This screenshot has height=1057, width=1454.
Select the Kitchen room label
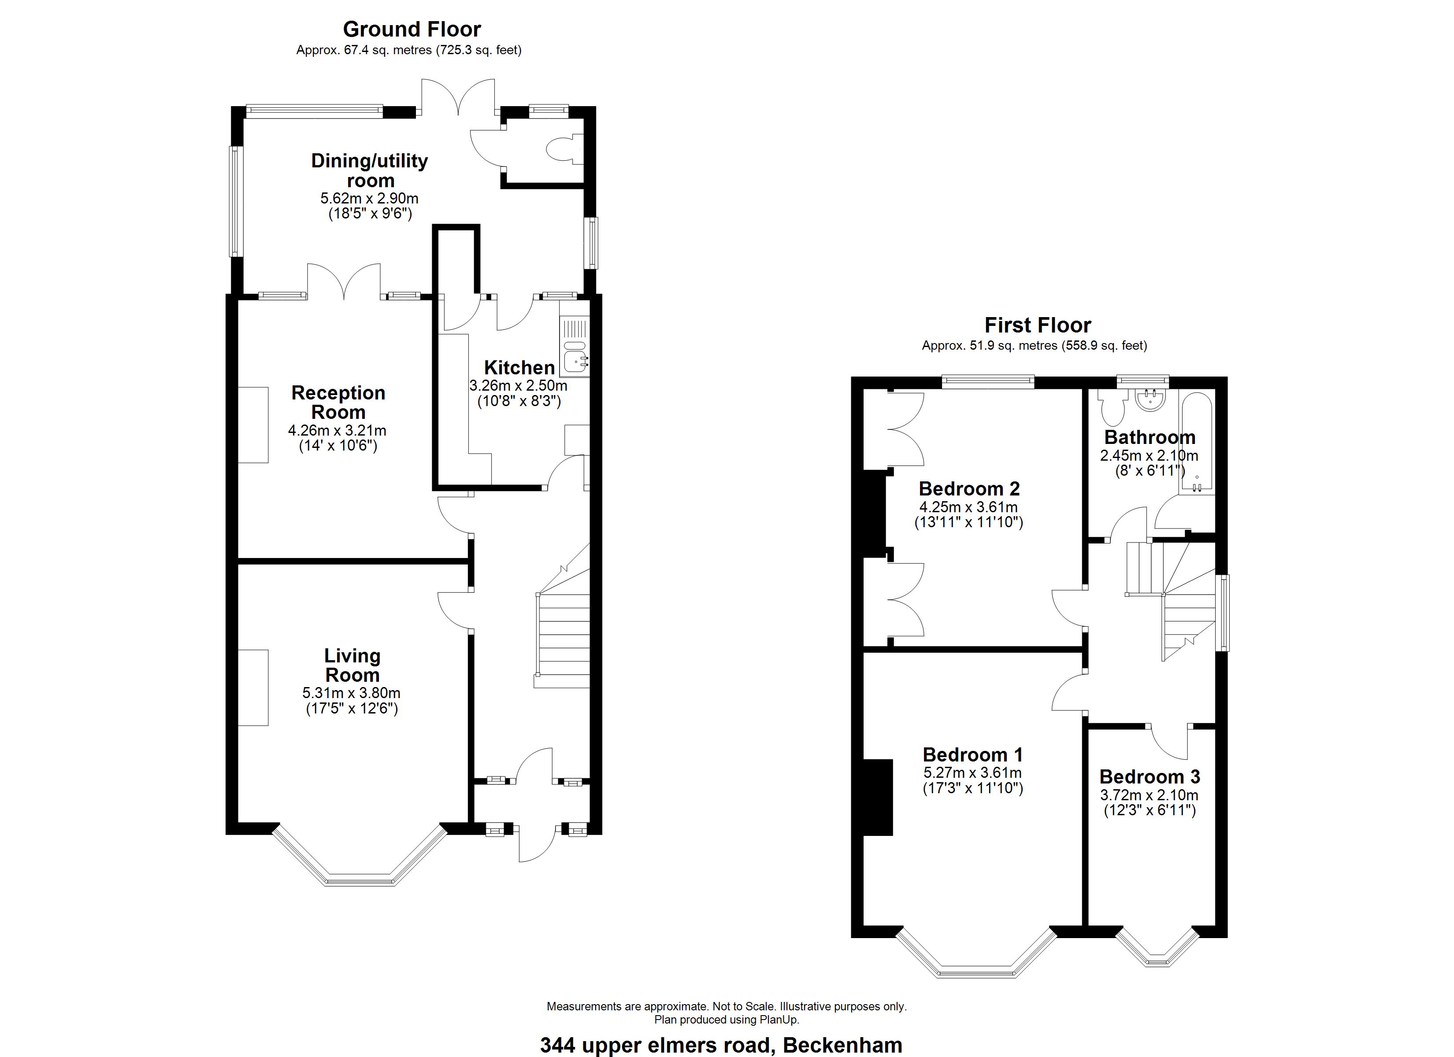[519, 367]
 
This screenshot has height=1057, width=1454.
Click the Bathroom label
[1150, 437]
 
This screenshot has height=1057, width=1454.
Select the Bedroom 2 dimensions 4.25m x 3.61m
[969, 507]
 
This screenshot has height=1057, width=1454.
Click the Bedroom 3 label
[1150, 776]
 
